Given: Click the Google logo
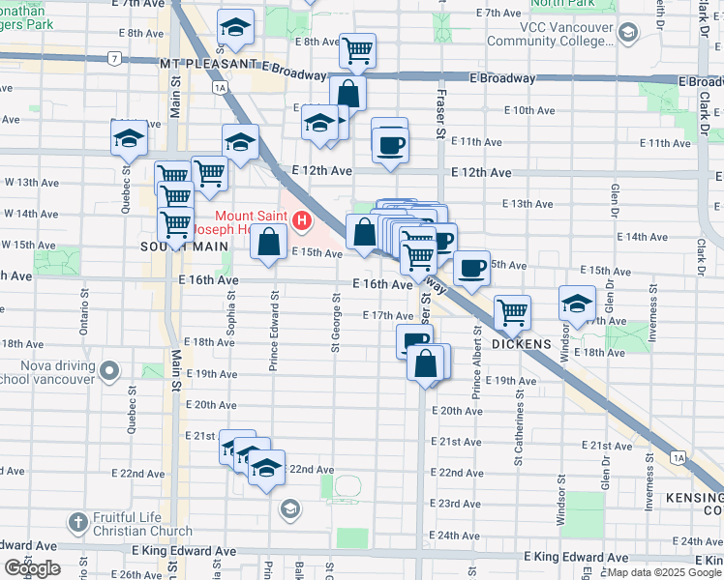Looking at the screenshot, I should point(32,568).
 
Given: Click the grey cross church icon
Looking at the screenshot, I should point(78,523).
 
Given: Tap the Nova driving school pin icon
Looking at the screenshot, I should point(109,370).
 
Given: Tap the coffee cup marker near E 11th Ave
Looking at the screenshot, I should point(390,145).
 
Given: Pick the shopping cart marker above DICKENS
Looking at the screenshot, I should point(512,312).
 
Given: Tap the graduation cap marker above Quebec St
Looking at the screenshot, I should point(129,138).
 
